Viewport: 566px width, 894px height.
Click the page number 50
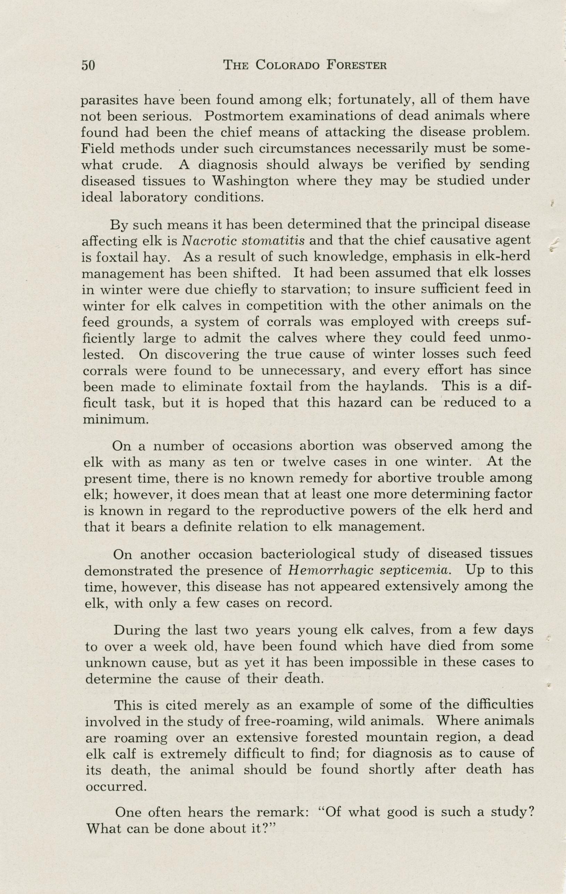click(88, 66)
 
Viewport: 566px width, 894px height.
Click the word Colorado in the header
click(287, 66)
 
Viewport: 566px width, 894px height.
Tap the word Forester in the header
click(357, 66)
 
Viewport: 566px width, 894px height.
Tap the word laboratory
click(153, 197)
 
